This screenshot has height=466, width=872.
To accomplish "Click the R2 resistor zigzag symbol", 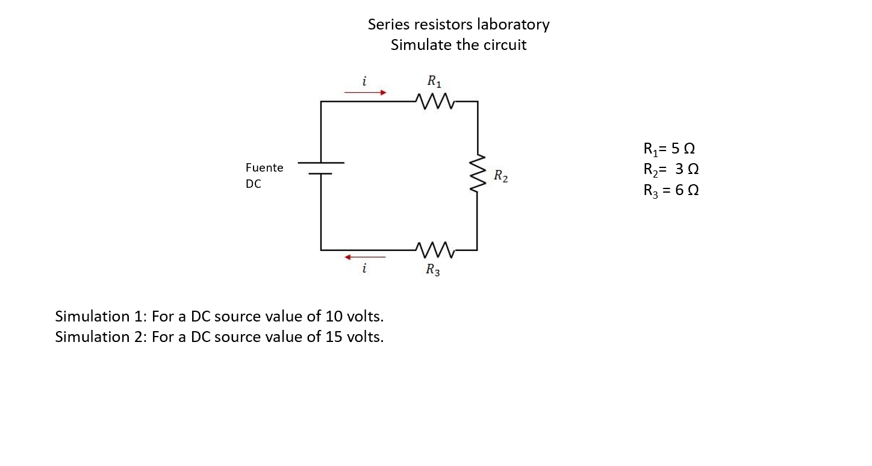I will pos(478,174).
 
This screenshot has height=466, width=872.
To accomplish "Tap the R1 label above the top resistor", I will pos(434,81).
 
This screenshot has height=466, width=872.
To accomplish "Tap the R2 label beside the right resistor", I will pos(500,177).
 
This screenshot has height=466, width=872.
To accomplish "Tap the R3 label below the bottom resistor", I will pos(432,270).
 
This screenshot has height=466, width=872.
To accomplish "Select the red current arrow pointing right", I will pos(364,93).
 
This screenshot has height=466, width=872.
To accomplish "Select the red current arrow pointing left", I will pos(364,257).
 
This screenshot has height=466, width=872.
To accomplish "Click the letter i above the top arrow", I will pos(364,80).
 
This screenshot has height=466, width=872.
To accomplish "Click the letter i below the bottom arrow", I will pos(364,269).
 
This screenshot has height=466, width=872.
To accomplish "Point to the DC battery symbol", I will pos(321,168).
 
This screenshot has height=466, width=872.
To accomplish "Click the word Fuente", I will pos(264,167).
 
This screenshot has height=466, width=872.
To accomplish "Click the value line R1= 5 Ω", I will pos(670,148).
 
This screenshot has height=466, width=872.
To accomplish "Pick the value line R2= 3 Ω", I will pos(671,169).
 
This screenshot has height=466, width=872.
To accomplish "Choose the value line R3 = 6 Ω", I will pos(671,191).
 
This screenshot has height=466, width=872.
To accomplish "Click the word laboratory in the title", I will pos(513,25).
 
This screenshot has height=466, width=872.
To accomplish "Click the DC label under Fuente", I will pos(254,184).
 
